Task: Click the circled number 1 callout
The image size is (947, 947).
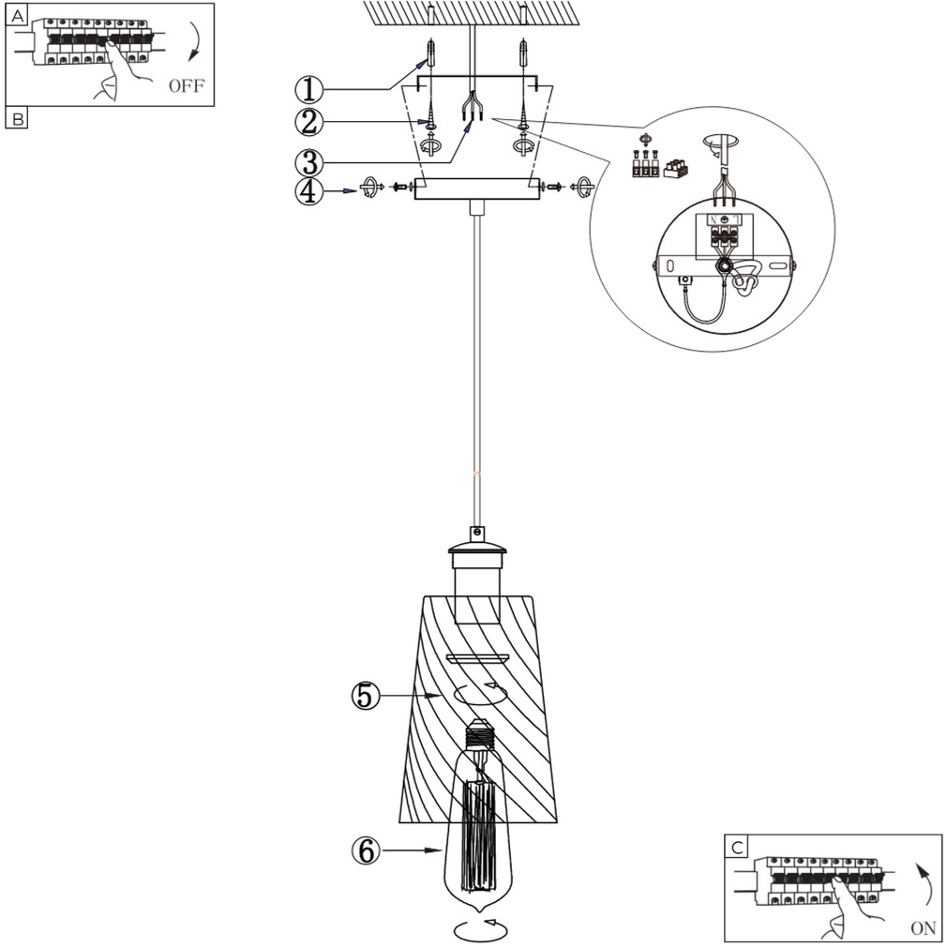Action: [x=309, y=89]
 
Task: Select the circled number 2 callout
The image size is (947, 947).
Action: [x=309, y=122]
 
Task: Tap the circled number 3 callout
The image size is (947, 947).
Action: [x=309, y=157]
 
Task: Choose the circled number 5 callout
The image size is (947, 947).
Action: [x=366, y=696]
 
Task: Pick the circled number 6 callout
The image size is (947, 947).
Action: [x=366, y=851]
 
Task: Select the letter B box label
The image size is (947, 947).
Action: [x=17, y=118]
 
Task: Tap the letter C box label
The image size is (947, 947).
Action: [x=739, y=847]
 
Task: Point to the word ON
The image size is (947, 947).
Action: [x=923, y=928]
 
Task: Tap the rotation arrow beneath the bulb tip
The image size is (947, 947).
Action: [x=480, y=929]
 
